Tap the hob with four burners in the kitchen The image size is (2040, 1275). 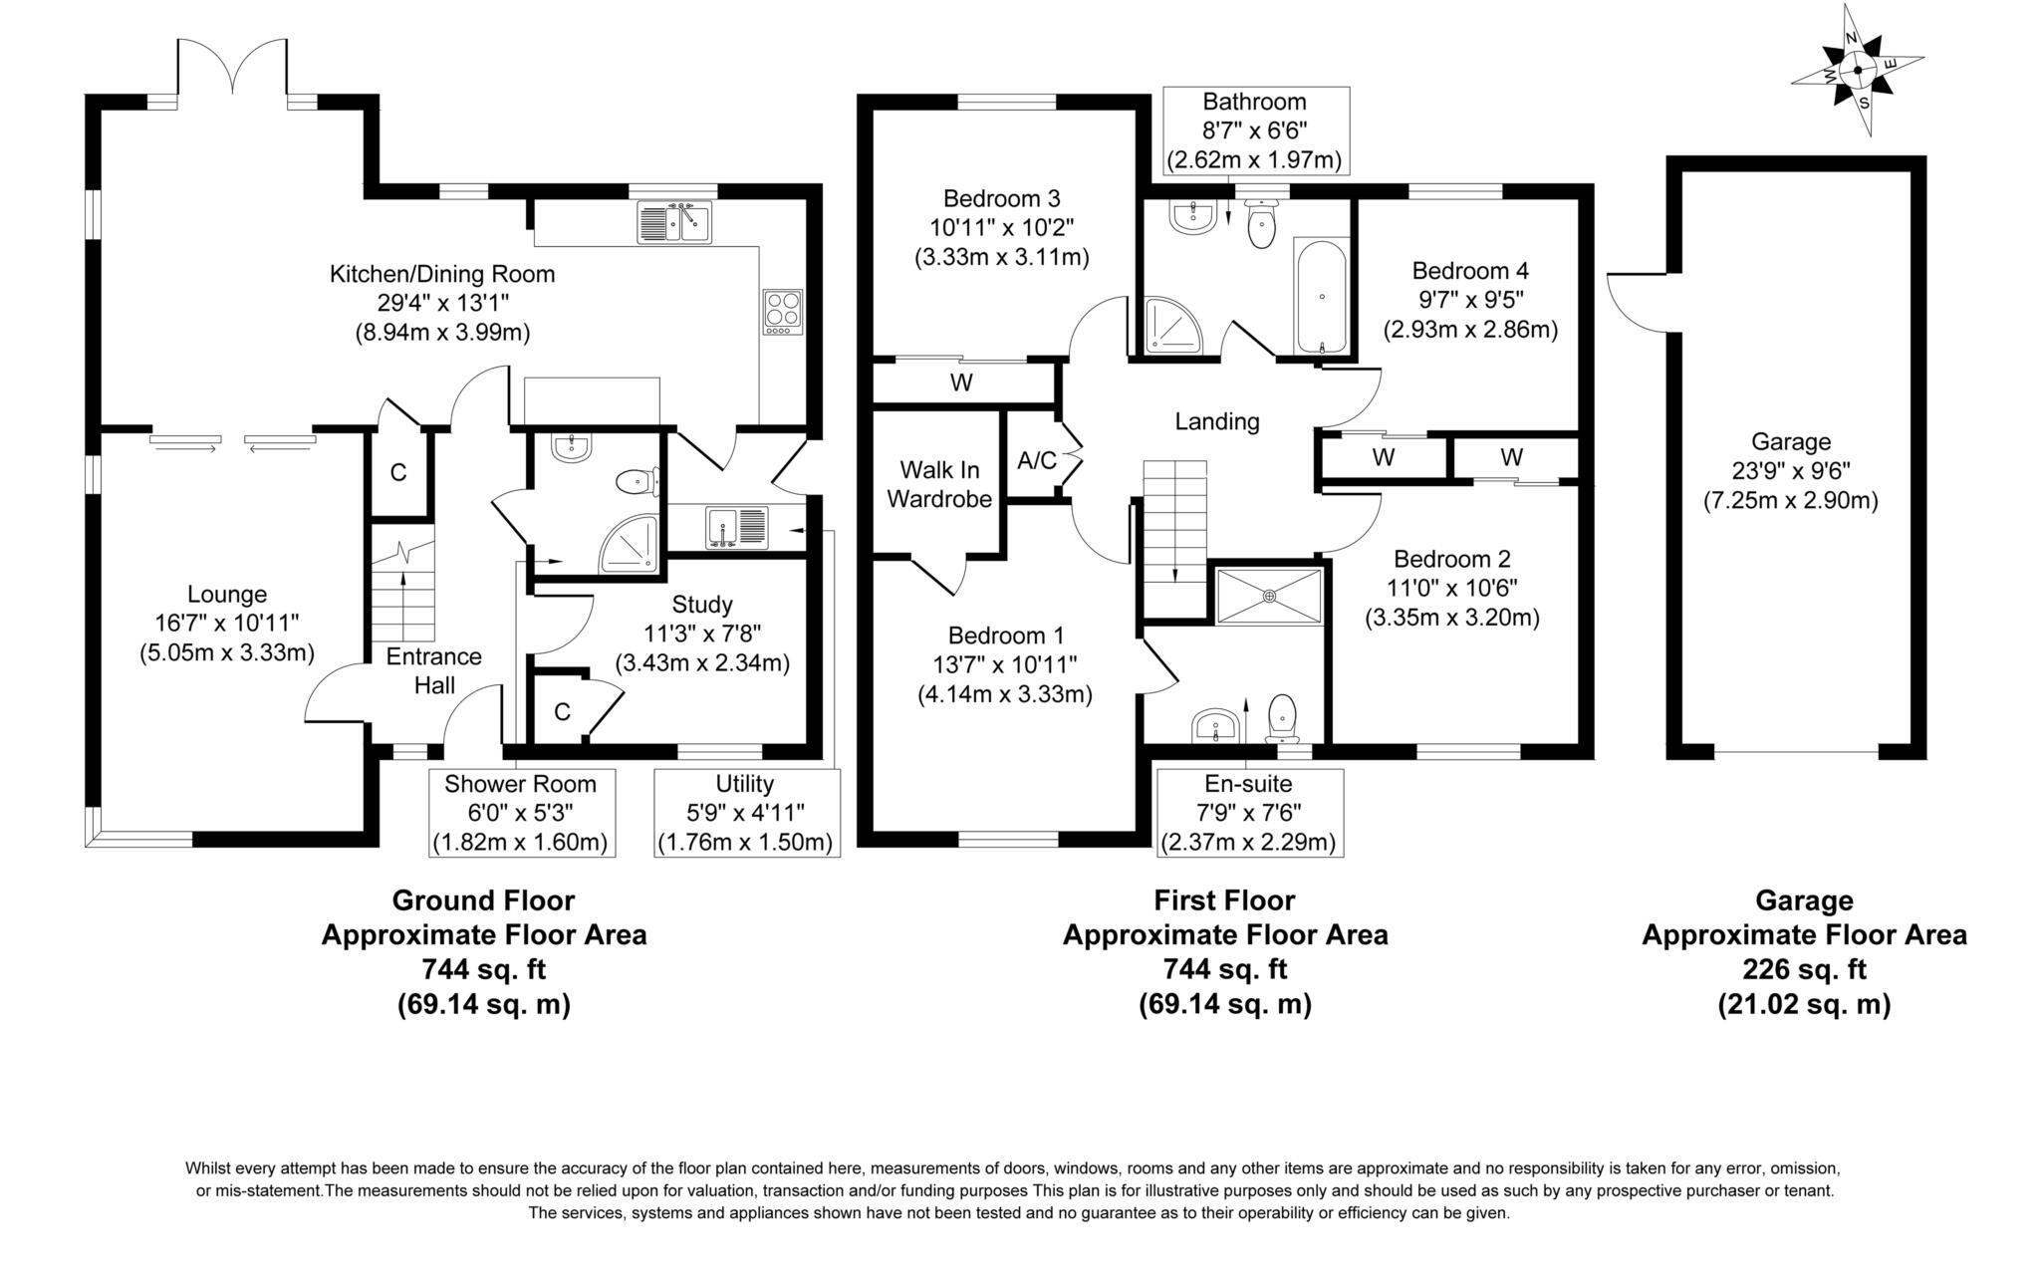click(x=783, y=310)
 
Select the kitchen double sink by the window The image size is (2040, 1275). click(x=674, y=222)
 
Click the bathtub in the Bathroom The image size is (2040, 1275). click(x=1322, y=297)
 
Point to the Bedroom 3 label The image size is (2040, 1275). click(x=1001, y=197)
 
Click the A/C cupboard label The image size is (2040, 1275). click(x=1036, y=460)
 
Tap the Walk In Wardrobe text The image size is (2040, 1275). click(x=939, y=484)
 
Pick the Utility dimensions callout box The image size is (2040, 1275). click(x=745, y=813)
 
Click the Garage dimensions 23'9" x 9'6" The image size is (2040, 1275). click(x=1790, y=470)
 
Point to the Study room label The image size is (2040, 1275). click(x=701, y=604)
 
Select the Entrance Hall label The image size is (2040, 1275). click(x=433, y=670)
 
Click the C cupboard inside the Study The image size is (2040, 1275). click(x=562, y=711)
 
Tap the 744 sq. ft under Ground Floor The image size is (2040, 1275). click(x=483, y=968)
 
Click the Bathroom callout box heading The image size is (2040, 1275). click(x=1253, y=102)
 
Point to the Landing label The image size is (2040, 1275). click(x=1216, y=421)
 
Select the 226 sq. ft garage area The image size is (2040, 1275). click(x=1803, y=968)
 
